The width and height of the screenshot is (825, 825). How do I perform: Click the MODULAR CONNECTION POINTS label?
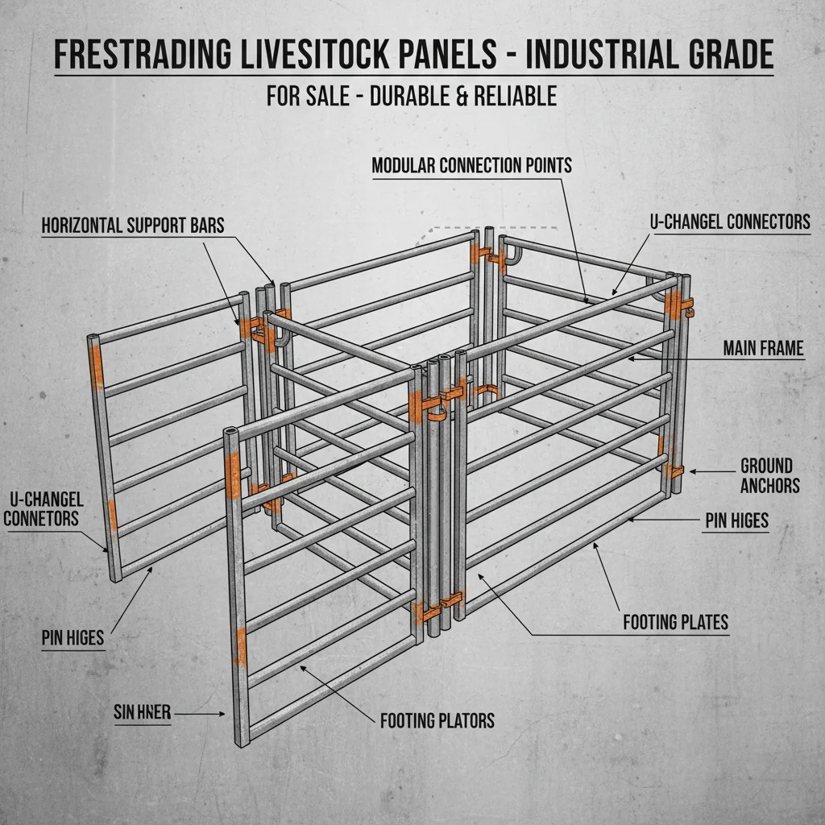point(471,165)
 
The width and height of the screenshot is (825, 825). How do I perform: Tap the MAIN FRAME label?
point(763,348)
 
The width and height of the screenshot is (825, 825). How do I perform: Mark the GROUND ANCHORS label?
point(769,475)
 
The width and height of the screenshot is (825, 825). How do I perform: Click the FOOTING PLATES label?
point(675,622)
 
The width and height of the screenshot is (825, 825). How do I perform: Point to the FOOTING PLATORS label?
point(437,719)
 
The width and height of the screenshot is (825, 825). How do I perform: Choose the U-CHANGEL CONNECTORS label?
point(730,222)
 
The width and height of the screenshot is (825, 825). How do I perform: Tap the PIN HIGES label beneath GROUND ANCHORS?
point(736,521)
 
